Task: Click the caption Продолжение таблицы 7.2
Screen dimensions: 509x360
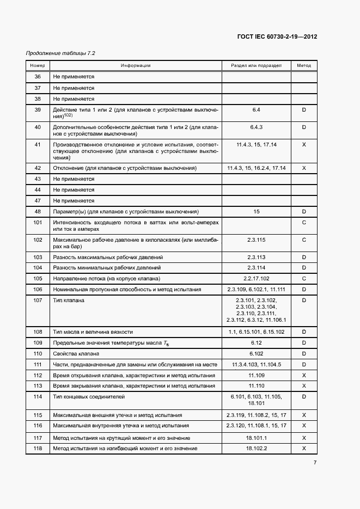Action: (x=61, y=53)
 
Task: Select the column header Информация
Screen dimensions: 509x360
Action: (x=136, y=65)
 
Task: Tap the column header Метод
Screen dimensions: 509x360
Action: (x=304, y=65)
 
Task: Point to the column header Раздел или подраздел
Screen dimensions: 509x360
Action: (x=256, y=65)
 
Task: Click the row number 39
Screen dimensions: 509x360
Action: (x=38, y=110)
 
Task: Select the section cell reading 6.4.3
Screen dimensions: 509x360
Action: (x=256, y=127)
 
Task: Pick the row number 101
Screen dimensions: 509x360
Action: (x=38, y=223)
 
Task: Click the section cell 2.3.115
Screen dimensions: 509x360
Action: (x=256, y=240)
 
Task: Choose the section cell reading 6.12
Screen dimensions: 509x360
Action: (x=256, y=342)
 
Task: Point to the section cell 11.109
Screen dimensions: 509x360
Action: (x=256, y=376)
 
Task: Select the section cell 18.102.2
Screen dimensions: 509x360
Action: (x=256, y=449)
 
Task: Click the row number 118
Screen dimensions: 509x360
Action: (x=38, y=449)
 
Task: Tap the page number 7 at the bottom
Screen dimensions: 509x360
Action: (x=315, y=463)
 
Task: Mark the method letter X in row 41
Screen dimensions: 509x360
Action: (x=304, y=145)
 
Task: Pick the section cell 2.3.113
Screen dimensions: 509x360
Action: (x=256, y=257)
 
